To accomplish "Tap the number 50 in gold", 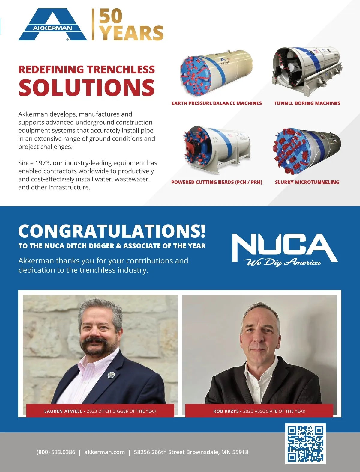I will [111, 16].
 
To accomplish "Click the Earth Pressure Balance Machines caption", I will [217, 103].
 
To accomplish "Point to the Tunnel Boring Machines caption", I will [307, 103].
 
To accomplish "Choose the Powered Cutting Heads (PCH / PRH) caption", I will [217, 182].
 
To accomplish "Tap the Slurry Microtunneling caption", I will [307, 182].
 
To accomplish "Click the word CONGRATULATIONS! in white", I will [112, 231].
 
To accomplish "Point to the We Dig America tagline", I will [283, 263].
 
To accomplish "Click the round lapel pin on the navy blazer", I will [111, 375].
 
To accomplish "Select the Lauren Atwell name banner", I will [100, 411].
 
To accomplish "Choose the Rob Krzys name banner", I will [259, 411].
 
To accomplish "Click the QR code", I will [305, 444].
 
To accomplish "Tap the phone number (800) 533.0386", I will [56, 452].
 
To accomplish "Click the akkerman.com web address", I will [104, 452].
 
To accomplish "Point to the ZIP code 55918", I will [240, 452].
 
